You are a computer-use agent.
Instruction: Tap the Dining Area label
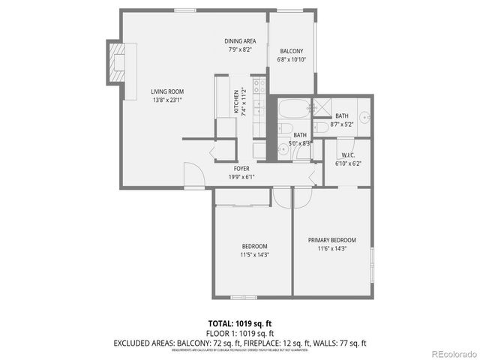point(239,40)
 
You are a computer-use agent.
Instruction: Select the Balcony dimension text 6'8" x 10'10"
point(292,59)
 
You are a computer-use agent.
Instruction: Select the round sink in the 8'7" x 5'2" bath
point(364,117)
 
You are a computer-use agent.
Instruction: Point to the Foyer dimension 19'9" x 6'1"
point(241,177)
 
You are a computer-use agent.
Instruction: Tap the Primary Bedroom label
point(331,240)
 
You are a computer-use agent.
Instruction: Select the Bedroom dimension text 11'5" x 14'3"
point(253,254)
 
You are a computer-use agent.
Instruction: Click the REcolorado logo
point(451,352)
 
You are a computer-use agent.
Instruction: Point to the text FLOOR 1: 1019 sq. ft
point(240,333)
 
